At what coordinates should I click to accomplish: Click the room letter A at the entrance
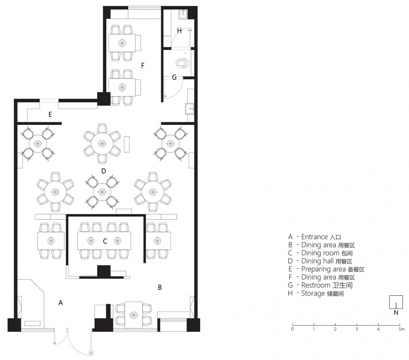point(60,302)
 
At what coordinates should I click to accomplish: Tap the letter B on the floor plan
point(160,288)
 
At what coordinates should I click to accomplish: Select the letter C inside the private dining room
point(105,241)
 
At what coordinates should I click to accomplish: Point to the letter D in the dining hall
point(104,171)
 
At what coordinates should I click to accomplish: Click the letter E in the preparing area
point(50,115)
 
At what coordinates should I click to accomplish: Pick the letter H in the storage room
point(179,31)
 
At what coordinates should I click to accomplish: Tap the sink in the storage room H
point(183,14)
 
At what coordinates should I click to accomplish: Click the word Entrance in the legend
point(314,237)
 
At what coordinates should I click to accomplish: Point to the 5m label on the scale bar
point(401,329)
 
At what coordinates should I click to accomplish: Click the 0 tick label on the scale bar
point(292,329)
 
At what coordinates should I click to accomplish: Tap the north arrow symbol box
point(396,302)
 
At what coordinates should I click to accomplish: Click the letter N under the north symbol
point(396,313)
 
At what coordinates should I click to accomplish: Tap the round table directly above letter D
point(102,144)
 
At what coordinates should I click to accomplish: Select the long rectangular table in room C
point(104,241)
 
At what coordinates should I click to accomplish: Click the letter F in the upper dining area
point(143,66)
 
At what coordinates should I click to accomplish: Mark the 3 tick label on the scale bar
point(357,329)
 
